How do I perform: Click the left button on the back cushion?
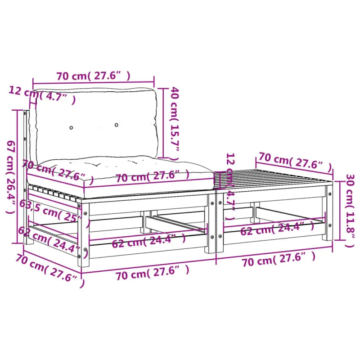[x=71, y=128]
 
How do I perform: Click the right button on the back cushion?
[x=117, y=125]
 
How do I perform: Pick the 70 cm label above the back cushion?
[x=94, y=76]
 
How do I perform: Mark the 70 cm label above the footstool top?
[x=295, y=161]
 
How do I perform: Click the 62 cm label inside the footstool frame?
[x=277, y=228]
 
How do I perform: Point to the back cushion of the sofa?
[x=97, y=124]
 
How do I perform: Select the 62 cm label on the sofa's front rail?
[x=148, y=241]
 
